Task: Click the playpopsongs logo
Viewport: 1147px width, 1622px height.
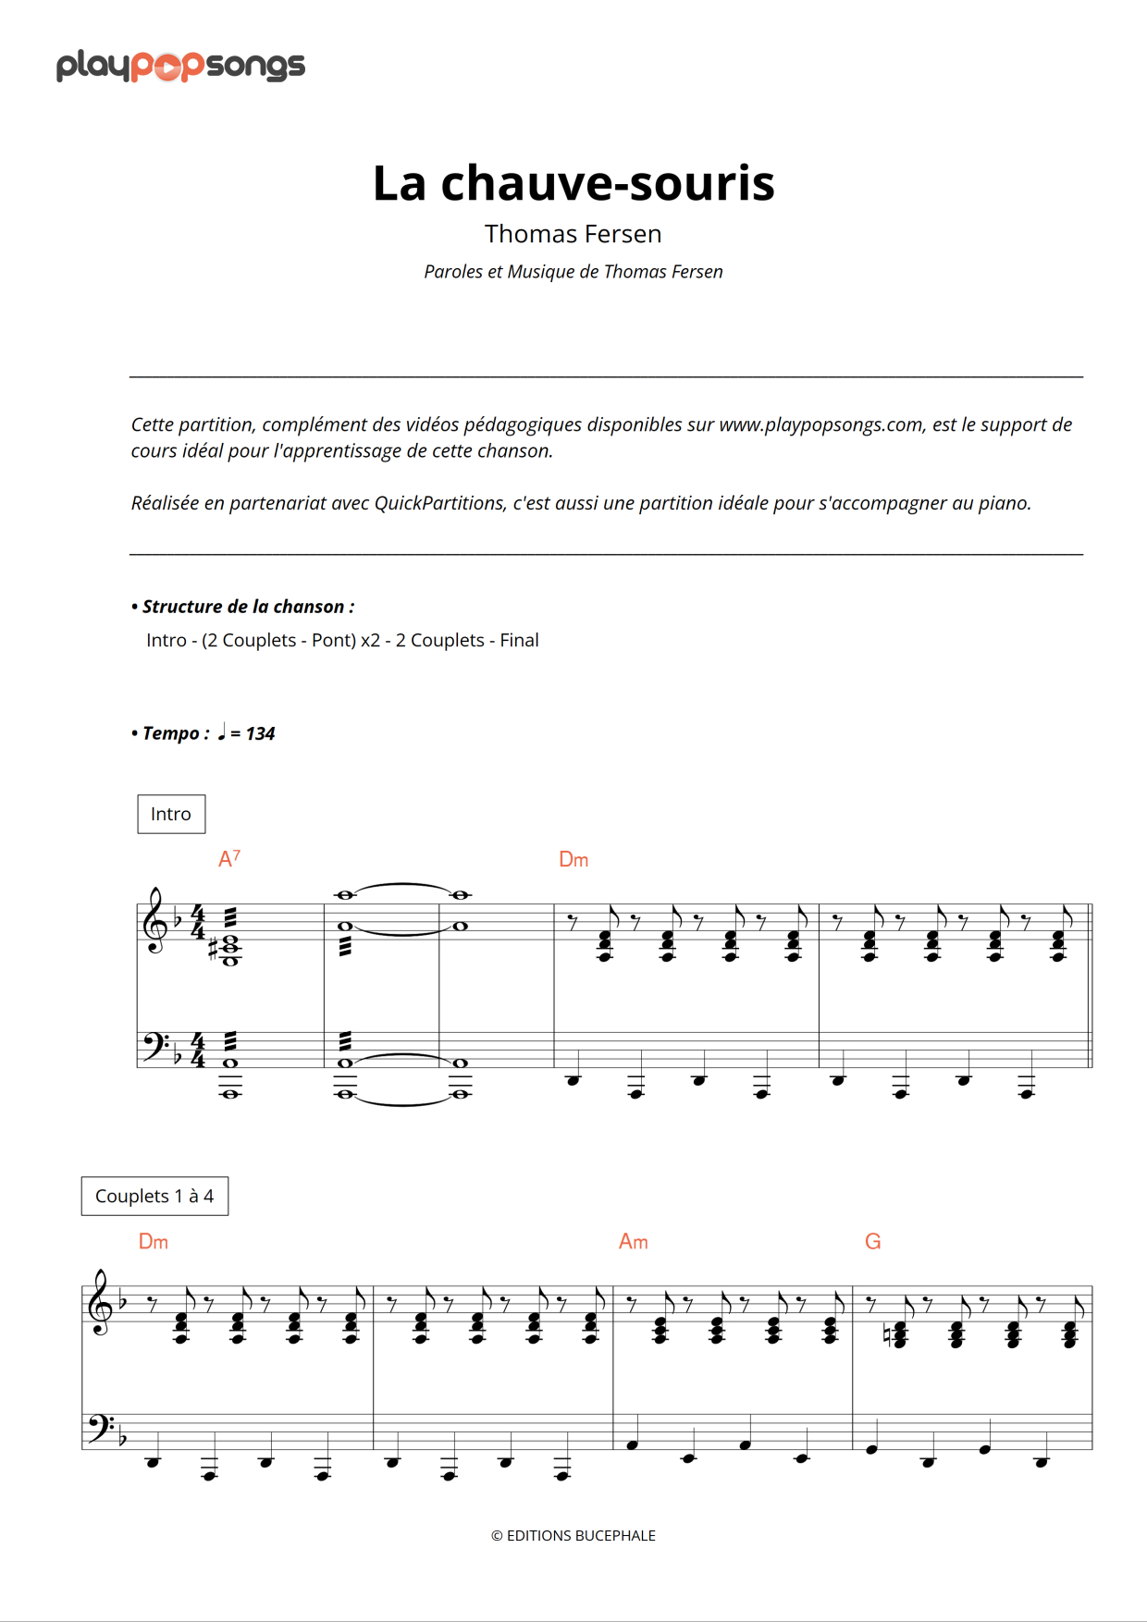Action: pyautogui.click(x=180, y=66)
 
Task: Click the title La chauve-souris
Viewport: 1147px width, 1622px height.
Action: pyautogui.click(x=573, y=182)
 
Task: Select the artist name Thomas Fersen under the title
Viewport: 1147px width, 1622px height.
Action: pyautogui.click(x=573, y=234)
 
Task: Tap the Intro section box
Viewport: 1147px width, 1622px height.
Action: pyautogui.click(x=171, y=814)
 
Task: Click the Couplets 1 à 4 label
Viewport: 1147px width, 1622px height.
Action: pyautogui.click(x=154, y=1196)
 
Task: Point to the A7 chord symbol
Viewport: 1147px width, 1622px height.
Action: pyautogui.click(x=228, y=859)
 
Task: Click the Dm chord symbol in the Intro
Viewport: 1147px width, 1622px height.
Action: pyautogui.click(x=573, y=860)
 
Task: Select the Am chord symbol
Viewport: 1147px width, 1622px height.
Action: pyautogui.click(x=633, y=1242)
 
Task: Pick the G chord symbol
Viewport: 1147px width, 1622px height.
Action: pyautogui.click(x=872, y=1242)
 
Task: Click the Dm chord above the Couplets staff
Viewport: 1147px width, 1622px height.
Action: pyautogui.click(x=154, y=1242)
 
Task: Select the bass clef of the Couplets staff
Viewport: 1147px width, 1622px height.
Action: pyautogui.click(x=96, y=1428)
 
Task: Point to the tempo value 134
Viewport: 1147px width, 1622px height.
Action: pyautogui.click(x=260, y=733)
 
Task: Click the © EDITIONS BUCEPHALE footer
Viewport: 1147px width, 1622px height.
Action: pyautogui.click(x=573, y=1535)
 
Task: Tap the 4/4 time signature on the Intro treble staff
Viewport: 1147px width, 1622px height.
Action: pyautogui.click(x=197, y=922)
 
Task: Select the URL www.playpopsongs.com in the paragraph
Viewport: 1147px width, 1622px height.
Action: pyautogui.click(x=821, y=424)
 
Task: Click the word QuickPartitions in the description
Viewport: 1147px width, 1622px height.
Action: pyautogui.click(x=438, y=503)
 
